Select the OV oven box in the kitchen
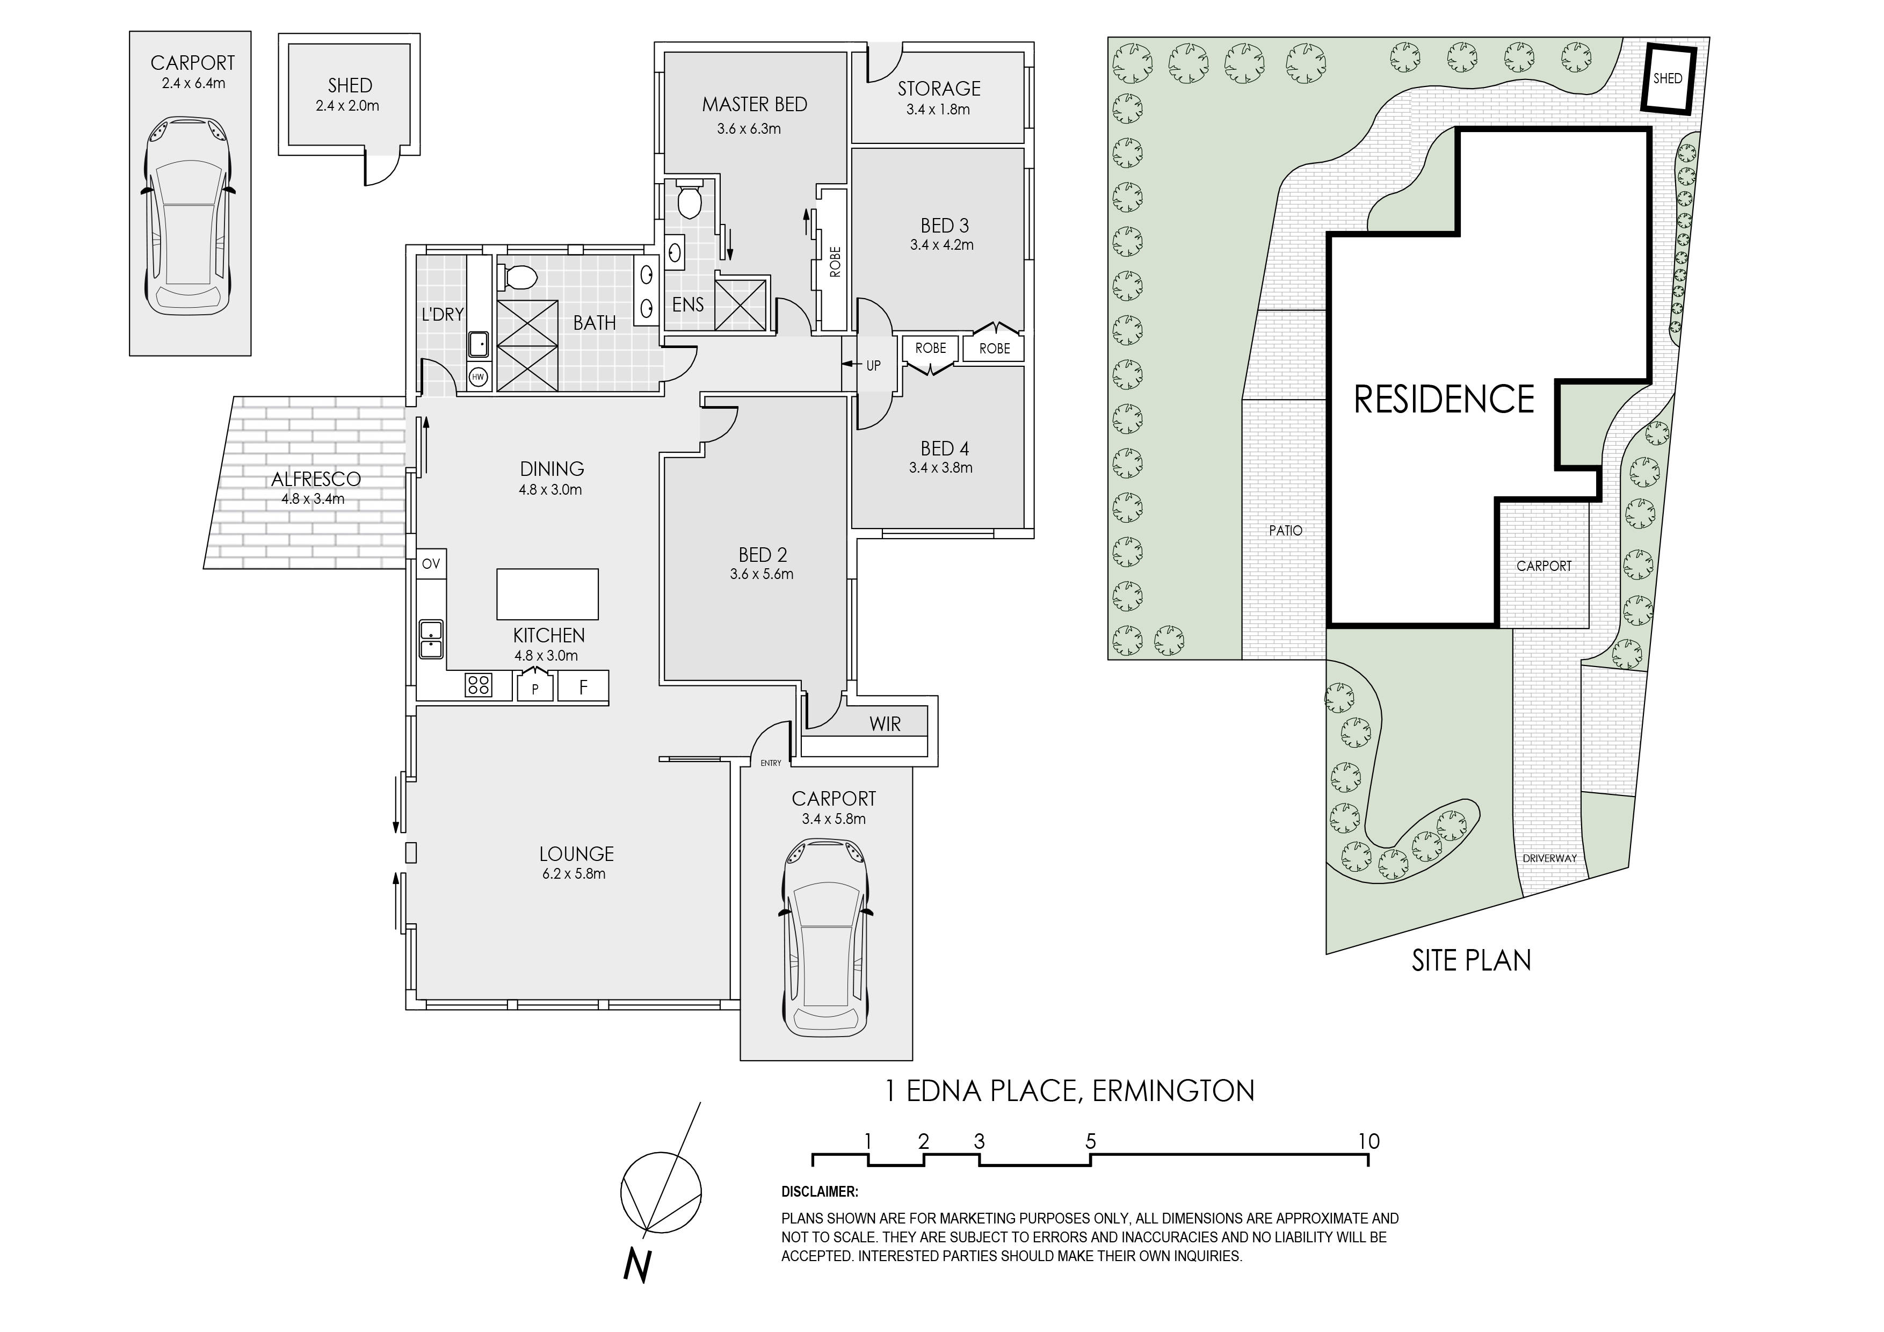click(x=431, y=564)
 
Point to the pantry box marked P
click(x=535, y=687)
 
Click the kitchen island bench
click(x=547, y=593)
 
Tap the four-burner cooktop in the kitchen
click(x=479, y=684)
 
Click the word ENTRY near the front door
click(x=771, y=763)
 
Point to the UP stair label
click(x=873, y=365)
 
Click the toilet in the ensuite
click(x=687, y=199)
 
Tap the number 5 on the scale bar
click(x=1091, y=1141)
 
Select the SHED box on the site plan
click(x=1668, y=79)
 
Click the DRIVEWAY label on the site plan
click(x=1549, y=858)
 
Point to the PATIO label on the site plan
click(x=1285, y=531)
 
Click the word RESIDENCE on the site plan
click(x=1444, y=400)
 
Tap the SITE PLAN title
click(x=1471, y=960)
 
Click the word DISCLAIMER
click(x=820, y=1192)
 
